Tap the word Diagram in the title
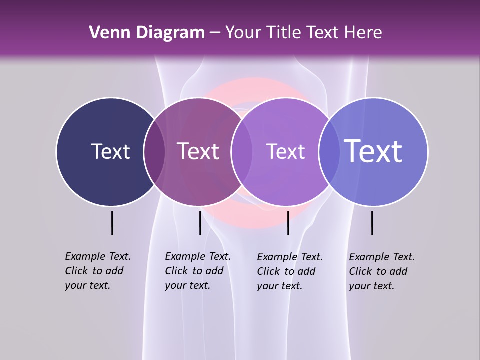(172, 33)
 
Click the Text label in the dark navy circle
(110, 151)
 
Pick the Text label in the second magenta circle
(198, 151)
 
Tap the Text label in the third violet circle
(285, 151)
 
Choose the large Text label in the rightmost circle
(373, 151)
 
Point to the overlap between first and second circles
(154, 152)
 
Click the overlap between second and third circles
(241, 152)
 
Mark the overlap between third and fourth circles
(329, 152)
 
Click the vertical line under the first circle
(112, 223)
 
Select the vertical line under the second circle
(200, 223)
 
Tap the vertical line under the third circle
(288, 223)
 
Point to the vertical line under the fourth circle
(372, 223)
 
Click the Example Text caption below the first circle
(97, 271)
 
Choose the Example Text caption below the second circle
(197, 271)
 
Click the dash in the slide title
(215, 33)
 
